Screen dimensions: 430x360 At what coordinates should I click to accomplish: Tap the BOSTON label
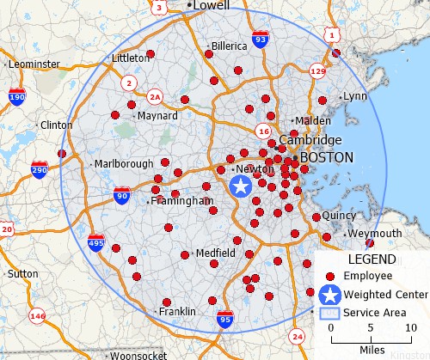(326, 158)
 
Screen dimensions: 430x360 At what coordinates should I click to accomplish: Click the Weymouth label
(374, 233)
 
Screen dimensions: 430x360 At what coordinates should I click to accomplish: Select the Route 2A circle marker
(155, 96)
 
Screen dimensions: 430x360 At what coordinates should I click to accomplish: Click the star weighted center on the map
(242, 186)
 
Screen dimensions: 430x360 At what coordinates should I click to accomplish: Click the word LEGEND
(372, 259)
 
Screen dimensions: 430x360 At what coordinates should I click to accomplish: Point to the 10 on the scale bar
(410, 328)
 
